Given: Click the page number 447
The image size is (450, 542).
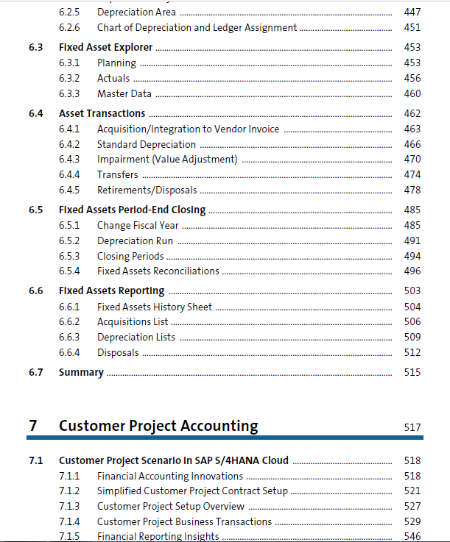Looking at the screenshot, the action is click(412, 12).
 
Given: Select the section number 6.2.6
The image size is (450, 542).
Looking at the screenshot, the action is click(69, 28).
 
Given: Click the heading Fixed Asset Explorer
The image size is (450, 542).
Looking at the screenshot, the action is click(105, 47).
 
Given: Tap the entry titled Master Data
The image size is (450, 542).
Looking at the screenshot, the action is click(124, 93).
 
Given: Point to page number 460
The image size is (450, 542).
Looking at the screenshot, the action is click(412, 93).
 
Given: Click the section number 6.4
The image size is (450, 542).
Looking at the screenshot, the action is click(36, 113).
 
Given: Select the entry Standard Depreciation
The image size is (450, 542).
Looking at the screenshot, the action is click(147, 144).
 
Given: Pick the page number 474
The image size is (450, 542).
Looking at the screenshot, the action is click(412, 174).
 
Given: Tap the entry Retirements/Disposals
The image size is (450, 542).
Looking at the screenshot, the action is click(147, 190).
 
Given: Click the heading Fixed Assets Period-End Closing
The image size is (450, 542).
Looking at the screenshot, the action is click(133, 210).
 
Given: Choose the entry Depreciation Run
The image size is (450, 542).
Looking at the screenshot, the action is click(135, 241).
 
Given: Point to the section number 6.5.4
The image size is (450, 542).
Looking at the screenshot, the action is click(69, 271).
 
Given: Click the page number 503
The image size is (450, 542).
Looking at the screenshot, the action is click(412, 290).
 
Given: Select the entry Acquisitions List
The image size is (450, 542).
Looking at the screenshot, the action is click(133, 322).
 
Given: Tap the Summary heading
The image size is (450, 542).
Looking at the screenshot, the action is click(81, 372).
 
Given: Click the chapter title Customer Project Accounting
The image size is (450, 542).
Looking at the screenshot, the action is click(158, 426).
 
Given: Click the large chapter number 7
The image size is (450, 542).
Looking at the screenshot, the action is click(33, 426).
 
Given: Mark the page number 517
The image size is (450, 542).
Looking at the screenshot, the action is click(412, 427).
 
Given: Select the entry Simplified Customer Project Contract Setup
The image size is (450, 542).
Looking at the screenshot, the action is click(192, 491).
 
